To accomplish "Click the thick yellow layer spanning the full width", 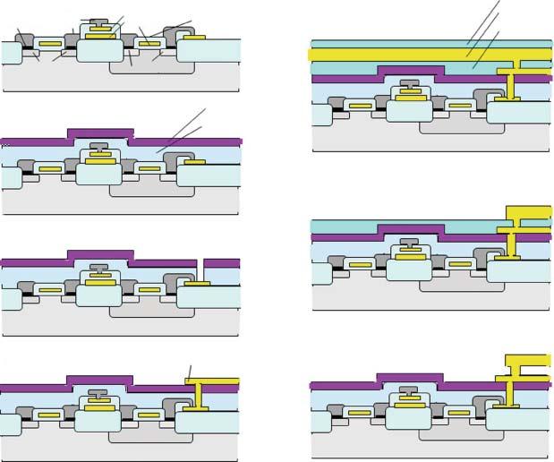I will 403,55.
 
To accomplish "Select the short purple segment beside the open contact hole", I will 221,263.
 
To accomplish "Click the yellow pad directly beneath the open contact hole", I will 198,284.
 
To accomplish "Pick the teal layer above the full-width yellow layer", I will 403,43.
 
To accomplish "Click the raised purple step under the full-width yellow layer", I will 411,71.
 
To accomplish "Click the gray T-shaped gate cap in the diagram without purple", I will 100,21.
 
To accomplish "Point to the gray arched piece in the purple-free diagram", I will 175,34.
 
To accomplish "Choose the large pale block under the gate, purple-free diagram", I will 100,50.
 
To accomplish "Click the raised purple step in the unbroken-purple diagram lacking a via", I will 99,134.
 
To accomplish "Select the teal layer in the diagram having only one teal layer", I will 403,226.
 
